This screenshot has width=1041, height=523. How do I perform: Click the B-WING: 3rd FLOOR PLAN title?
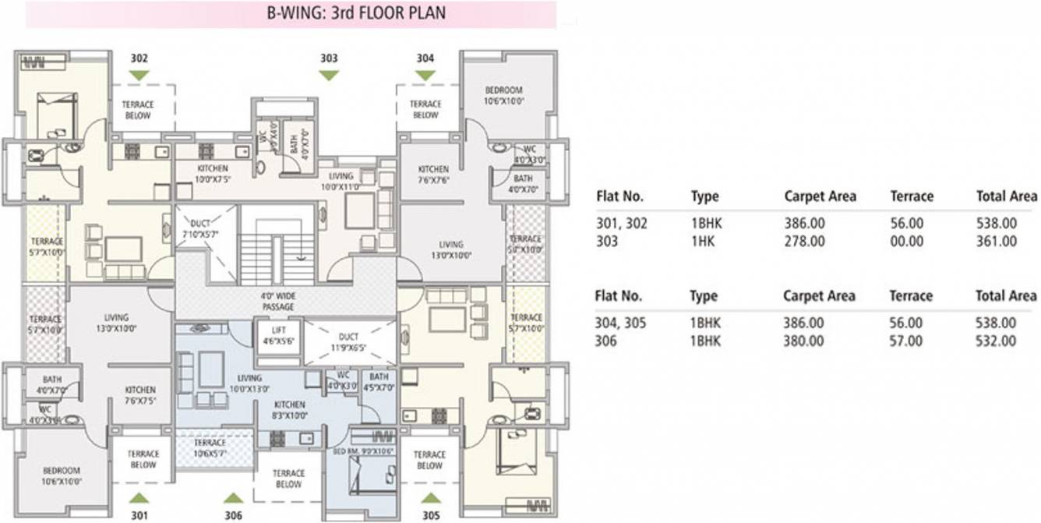click(291, 14)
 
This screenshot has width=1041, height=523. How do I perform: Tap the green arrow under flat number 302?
click(139, 75)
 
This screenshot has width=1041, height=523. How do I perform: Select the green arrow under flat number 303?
click(329, 75)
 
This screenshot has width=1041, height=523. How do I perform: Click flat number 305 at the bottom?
click(431, 515)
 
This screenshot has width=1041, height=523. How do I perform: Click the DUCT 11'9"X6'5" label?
click(348, 341)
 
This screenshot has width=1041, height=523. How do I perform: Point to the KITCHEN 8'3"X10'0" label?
click(289, 410)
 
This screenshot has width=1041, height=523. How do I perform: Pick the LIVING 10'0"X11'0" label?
click(341, 182)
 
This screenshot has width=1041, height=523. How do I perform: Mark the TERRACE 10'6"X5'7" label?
click(210, 448)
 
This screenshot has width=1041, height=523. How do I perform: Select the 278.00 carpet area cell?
click(805, 242)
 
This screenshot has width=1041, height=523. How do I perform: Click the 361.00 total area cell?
click(997, 242)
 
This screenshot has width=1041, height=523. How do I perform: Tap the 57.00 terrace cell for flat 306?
click(906, 341)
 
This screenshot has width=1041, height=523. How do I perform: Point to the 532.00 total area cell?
click(997, 341)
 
